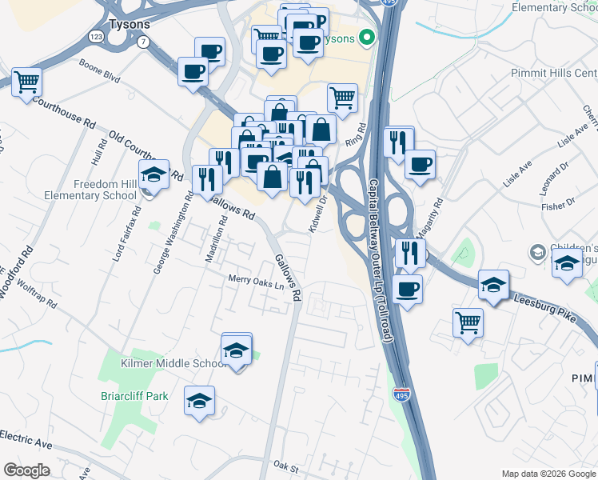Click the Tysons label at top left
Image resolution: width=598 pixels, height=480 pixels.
pyautogui.click(x=130, y=25)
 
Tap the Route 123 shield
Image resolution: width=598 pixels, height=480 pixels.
pyautogui.click(x=97, y=37)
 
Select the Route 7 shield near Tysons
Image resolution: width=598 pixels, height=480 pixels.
pyautogui.click(x=142, y=42)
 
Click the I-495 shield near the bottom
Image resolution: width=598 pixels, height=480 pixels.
pyautogui.click(x=401, y=395)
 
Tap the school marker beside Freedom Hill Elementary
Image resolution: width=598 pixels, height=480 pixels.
pyautogui.click(x=153, y=174)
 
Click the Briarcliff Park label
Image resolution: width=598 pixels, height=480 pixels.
pyautogui.click(x=134, y=395)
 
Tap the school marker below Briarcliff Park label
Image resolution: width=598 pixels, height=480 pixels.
pyautogui.click(x=199, y=401)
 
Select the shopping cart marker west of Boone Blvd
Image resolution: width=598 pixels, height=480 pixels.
pyautogui.click(x=26, y=82)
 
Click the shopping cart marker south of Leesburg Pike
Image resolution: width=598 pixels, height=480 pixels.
pyautogui.click(x=468, y=323)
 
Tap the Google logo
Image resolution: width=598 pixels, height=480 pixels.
pyautogui.click(x=26, y=470)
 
